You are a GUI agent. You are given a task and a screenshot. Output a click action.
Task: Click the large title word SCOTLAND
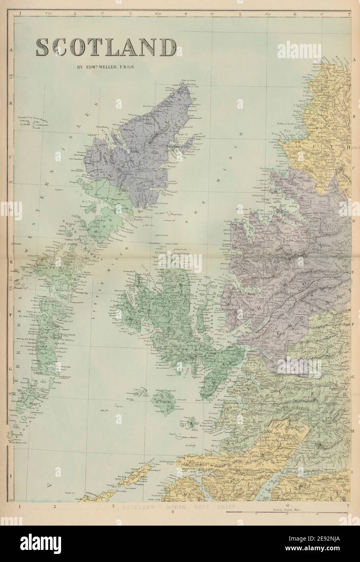[x=106, y=48]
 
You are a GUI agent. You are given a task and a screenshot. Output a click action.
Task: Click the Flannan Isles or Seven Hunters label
[x=30, y=118]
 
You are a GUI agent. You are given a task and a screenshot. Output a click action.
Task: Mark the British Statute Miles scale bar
[x=287, y=512]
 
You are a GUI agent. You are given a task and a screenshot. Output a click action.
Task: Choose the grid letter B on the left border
[x=11, y=104]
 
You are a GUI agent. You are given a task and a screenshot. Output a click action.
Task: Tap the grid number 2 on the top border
[x=75, y=13]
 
